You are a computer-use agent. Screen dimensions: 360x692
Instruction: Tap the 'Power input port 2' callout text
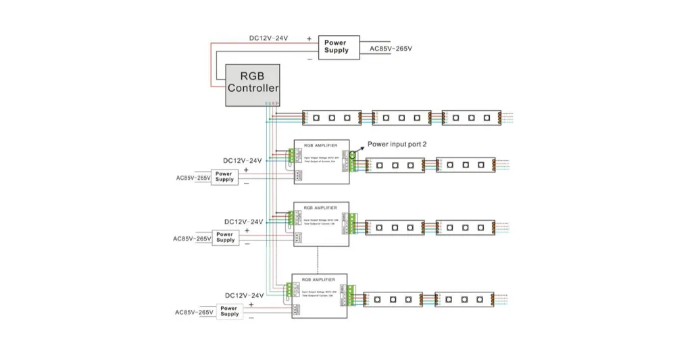(397, 144)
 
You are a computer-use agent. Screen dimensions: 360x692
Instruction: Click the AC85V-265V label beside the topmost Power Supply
(391, 49)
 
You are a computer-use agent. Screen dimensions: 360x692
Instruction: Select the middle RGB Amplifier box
(321, 224)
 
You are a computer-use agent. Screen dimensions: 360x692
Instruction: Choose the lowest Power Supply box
(230, 311)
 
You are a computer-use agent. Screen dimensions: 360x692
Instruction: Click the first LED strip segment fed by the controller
(331, 117)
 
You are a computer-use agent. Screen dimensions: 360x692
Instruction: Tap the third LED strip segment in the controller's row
(471, 117)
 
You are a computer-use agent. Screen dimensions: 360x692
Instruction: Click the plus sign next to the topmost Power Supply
(309, 39)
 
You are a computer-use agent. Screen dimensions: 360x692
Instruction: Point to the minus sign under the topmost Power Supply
(309, 59)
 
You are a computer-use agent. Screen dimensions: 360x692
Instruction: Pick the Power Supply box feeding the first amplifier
(225, 176)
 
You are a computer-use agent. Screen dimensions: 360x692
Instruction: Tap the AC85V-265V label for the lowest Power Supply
(195, 312)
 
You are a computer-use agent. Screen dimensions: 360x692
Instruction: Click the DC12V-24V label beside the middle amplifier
(243, 222)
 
